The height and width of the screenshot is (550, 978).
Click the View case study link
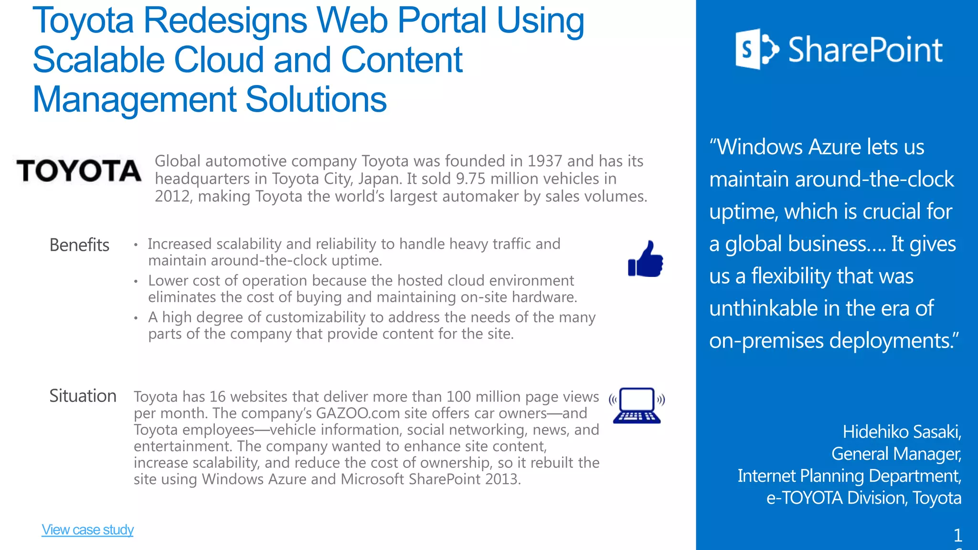click(x=87, y=529)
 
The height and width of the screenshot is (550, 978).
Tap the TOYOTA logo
click(x=79, y=171)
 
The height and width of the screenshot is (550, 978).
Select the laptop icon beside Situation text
click(x=637, y=406)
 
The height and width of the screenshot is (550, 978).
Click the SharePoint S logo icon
click(x=756, y=49)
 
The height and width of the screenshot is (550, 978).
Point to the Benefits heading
click(x=79, y=245)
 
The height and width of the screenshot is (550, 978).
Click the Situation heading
click(x=83, y=396)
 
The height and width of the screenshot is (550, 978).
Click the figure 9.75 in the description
click(x=470, y=179)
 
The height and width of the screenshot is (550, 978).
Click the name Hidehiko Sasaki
click(x=902, y=432)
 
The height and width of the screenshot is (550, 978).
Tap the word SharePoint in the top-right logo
click(x=865, y=50)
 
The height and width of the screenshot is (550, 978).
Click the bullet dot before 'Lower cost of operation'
click(x=136, y=282)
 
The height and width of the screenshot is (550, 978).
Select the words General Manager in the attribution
click(x=896, y=454)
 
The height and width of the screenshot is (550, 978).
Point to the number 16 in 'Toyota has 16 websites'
click(x=217, y=397)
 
